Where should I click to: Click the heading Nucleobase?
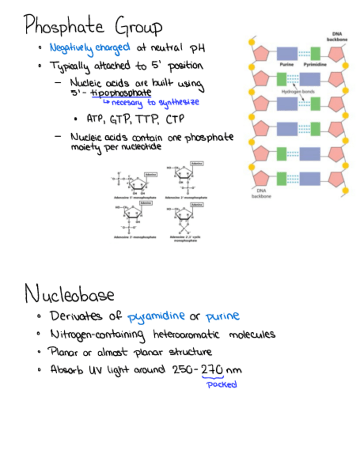click(69, 294)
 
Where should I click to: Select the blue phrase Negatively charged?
click(89, 48)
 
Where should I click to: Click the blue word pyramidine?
click(156, 317)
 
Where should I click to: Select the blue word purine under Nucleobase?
click(222, 317)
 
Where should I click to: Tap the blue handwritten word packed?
click(221, 384)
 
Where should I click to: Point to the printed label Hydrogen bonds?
click(299, 92)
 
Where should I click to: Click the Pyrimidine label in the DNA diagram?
click(315, 65)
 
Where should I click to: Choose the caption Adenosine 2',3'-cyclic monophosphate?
click(185, 239)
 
